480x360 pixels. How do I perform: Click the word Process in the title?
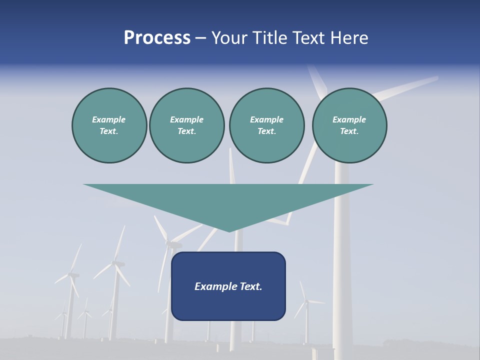coord(157,38)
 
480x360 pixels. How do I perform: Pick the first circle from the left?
coord(109,125)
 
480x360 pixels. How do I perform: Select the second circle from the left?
coord(186,125)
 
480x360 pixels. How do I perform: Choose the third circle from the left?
coord(266,125)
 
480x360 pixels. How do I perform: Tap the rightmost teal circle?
coord(349,125)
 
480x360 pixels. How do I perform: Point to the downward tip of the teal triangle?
coord(229,230)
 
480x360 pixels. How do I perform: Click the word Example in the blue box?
coord(214,286)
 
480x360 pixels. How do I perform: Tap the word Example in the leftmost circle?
coord(109,119)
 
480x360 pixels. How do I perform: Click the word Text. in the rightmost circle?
coord(349,131)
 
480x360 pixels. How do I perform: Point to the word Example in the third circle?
coord(266,119)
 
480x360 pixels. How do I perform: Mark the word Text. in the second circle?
coord(186,131)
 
